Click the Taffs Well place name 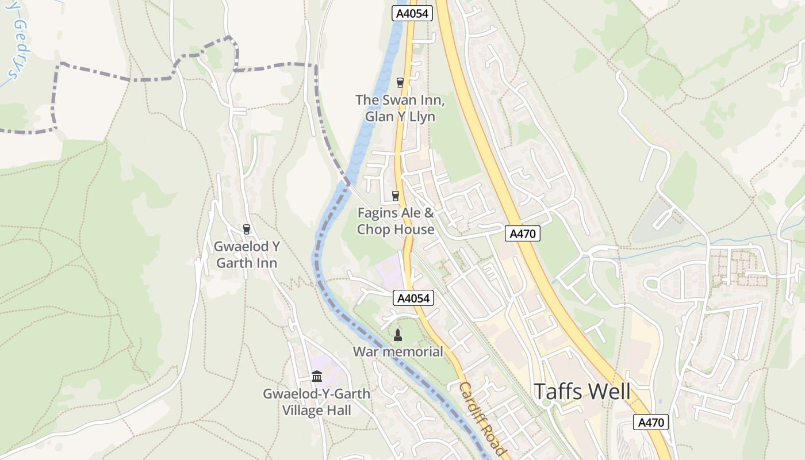tap(582, 392)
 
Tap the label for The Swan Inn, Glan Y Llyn tap(400, 108)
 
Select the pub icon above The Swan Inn tap(400, 83)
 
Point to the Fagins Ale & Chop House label tap(396, 221)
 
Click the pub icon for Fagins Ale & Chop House tap(395, 196)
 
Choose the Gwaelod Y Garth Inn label tap(246, 255)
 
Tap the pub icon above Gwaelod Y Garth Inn tap(247, 229)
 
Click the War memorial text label tap(398, 351)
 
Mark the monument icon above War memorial tap(397, 334)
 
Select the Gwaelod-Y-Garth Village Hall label tap(316, 402)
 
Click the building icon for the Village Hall tap(316, 377)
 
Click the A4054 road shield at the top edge tap(412, 14)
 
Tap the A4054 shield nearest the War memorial tap(413, 298)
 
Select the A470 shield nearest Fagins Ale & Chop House tap(523, 233)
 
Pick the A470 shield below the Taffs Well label tap(651, 422)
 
